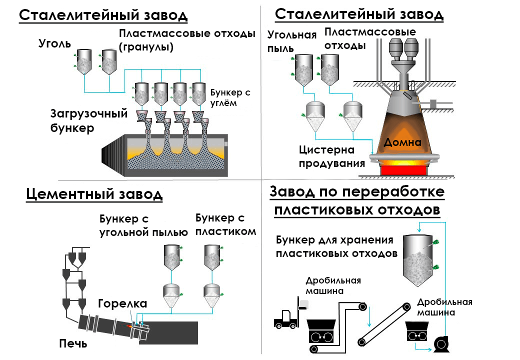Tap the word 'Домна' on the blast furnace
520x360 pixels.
tap(402, 142)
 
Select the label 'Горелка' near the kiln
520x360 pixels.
tap(122, 303)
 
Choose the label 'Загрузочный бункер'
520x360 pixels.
tap(82, 120)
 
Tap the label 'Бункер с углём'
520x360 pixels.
tap(229, 98)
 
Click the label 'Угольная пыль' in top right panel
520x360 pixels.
tap(292, 41)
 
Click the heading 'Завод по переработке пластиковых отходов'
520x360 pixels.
tap(357, 200)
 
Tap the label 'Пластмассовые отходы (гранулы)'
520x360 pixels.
tap(186, 40)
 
